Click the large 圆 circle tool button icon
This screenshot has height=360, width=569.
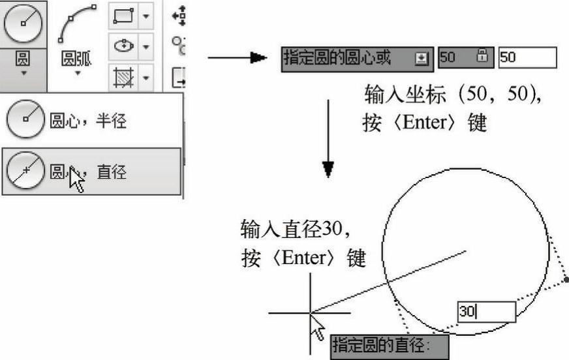click(23, 23)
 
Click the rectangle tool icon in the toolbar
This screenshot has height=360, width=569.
click(123, 16)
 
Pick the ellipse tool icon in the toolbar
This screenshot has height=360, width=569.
click(124, 46)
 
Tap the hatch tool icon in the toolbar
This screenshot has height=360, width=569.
click(123, 77)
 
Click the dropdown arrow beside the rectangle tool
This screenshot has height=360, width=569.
click(146, 16)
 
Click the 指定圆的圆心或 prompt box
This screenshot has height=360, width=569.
click(357, 59)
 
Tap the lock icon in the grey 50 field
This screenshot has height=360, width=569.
click(482, 55)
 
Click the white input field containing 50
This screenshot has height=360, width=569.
click(527, 57)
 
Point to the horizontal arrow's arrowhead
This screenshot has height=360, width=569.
click(258, 57)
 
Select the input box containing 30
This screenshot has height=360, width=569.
click(486, 312)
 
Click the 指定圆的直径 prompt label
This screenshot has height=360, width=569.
click(390, 346)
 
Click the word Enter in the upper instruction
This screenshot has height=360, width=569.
click(424, 123)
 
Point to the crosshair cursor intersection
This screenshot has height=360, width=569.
click(310, 313)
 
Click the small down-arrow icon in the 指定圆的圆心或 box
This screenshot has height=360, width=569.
click(422, 59)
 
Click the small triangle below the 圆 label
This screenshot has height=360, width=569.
click(23, 73)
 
